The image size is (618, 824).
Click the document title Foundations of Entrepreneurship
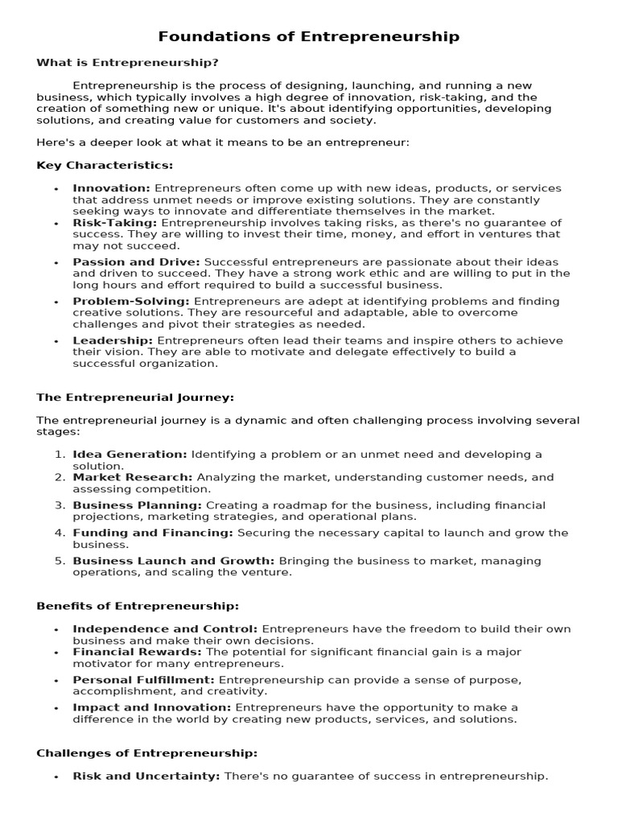(x=309, y=36)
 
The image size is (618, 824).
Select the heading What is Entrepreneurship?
(x=127, y=62)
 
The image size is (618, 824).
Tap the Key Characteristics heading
(x=105, y=165)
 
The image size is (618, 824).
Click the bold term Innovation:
(x=111, y=188)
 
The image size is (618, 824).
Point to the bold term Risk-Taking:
(x=115, y=223)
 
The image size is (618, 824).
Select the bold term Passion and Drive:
(x=137, y=262)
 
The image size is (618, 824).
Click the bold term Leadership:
(x=113, y=340)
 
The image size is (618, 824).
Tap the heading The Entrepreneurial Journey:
(x=135, y=397)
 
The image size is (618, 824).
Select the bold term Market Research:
(x=133, y=477)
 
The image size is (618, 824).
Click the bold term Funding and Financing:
(x=153, y=533)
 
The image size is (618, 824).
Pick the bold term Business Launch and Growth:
(x=174, y=561)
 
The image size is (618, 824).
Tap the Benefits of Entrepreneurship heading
(x=138, y=606)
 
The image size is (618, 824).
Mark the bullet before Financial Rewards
(x=56, y=653)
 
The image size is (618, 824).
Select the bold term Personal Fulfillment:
(x=143, y=680)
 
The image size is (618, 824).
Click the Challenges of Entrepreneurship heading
(x=147, y=753)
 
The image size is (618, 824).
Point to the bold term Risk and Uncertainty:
(x=146, y=777)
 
